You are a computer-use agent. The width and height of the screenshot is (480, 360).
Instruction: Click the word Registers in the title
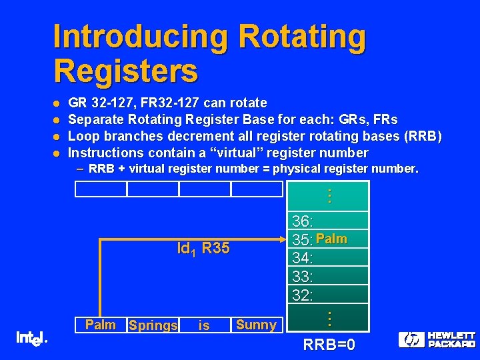coord(125,70)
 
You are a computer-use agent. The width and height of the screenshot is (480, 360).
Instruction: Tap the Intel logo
coord(30,339)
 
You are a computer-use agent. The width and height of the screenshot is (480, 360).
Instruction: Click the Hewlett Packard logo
coord(437,339)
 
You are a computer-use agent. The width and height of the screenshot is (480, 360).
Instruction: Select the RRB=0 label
coord(329,345)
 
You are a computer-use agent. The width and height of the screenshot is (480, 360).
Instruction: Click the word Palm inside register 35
coord(331,239)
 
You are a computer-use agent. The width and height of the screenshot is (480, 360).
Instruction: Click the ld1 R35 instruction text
coord(203,249)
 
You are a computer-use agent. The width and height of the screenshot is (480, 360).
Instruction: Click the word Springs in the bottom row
coord(153,325)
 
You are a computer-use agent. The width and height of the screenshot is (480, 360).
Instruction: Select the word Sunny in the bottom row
coord(256,325)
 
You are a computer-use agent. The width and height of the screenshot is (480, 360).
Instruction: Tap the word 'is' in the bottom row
coord(204,325)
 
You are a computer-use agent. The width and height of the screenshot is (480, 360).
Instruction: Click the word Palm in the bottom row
coord(101,325)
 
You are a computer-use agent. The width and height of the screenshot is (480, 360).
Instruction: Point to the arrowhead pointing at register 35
coord(283,238)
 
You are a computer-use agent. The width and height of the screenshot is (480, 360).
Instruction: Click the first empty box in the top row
coord(101,189)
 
